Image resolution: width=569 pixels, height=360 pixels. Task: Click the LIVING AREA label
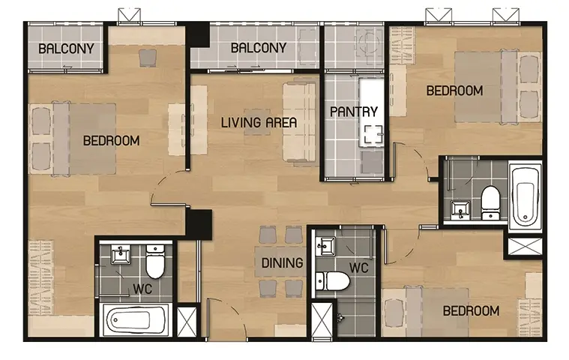click(x=259, y=122)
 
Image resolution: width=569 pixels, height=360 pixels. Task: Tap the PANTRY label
click(x=354, y=112)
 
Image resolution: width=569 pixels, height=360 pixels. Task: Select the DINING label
click(x=283, y=262)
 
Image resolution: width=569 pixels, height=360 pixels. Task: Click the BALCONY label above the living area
click(x=259, y=47)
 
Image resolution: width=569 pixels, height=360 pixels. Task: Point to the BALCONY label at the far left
click(x=66, y=48)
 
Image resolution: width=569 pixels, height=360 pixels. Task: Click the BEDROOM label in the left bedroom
click(x=112, y=140)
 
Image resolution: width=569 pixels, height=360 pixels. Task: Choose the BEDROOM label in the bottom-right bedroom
click(x=471, y=310)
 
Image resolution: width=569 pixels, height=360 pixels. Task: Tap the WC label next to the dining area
click(x=359, y=268)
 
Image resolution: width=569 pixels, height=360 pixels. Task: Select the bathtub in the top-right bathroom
click(x=525, y=196)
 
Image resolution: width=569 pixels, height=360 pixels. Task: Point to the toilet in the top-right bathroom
click(x=490, y=202)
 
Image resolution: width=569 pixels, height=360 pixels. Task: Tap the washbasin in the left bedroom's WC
click(x=120, y=253)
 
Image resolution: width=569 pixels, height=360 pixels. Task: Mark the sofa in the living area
click(x=299, y=121)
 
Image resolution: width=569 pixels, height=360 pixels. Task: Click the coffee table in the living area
click(x=257, y=122)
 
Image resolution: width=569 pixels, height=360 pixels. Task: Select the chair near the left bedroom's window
click(x=148, y=58)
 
